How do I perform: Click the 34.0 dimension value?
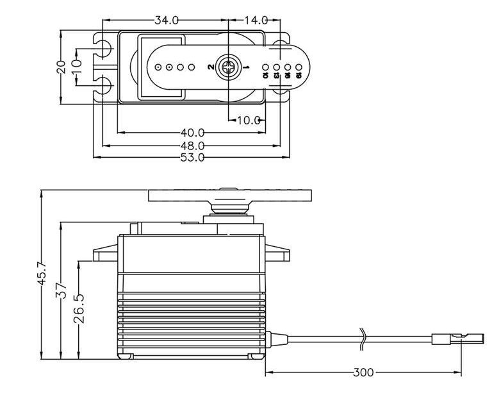pyautogui.click(x=166, y=21)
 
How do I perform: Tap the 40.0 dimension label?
pyautogui.click(x=192, y=133)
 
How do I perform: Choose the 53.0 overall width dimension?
pyautogui.click(x=192, y=157)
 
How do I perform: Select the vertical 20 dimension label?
pyautogui.click(x=61, y=67)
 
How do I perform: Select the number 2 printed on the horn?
pyautogui.click(x=210, y=66)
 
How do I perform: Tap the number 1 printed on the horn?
pyautogui.click(x=247, y=66)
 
